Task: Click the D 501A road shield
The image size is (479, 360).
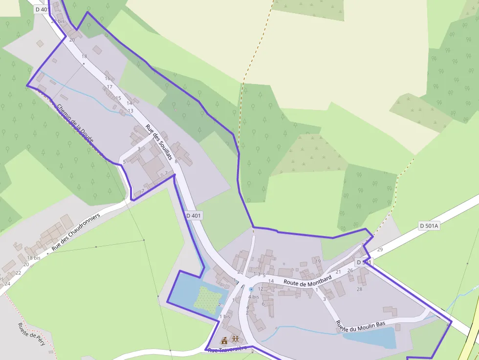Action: [x=430, y=226]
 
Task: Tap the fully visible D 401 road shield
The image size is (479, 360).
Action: [x=194, y=215]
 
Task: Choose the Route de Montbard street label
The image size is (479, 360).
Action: [x=307, y=280]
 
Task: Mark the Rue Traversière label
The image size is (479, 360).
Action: [x=225, y=350]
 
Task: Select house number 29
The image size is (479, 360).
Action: [x=380, y=250]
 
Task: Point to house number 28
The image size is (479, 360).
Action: [x=359, y=289]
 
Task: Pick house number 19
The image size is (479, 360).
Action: [x=318, y=261]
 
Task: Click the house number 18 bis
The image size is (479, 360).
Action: [x=34, y=257]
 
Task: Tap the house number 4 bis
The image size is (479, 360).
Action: [x=253, y=296]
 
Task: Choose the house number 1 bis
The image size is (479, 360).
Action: [x=225, y=317]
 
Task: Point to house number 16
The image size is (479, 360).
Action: [x=108, y=78]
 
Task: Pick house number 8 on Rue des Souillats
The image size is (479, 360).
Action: [x=176, y=161]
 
